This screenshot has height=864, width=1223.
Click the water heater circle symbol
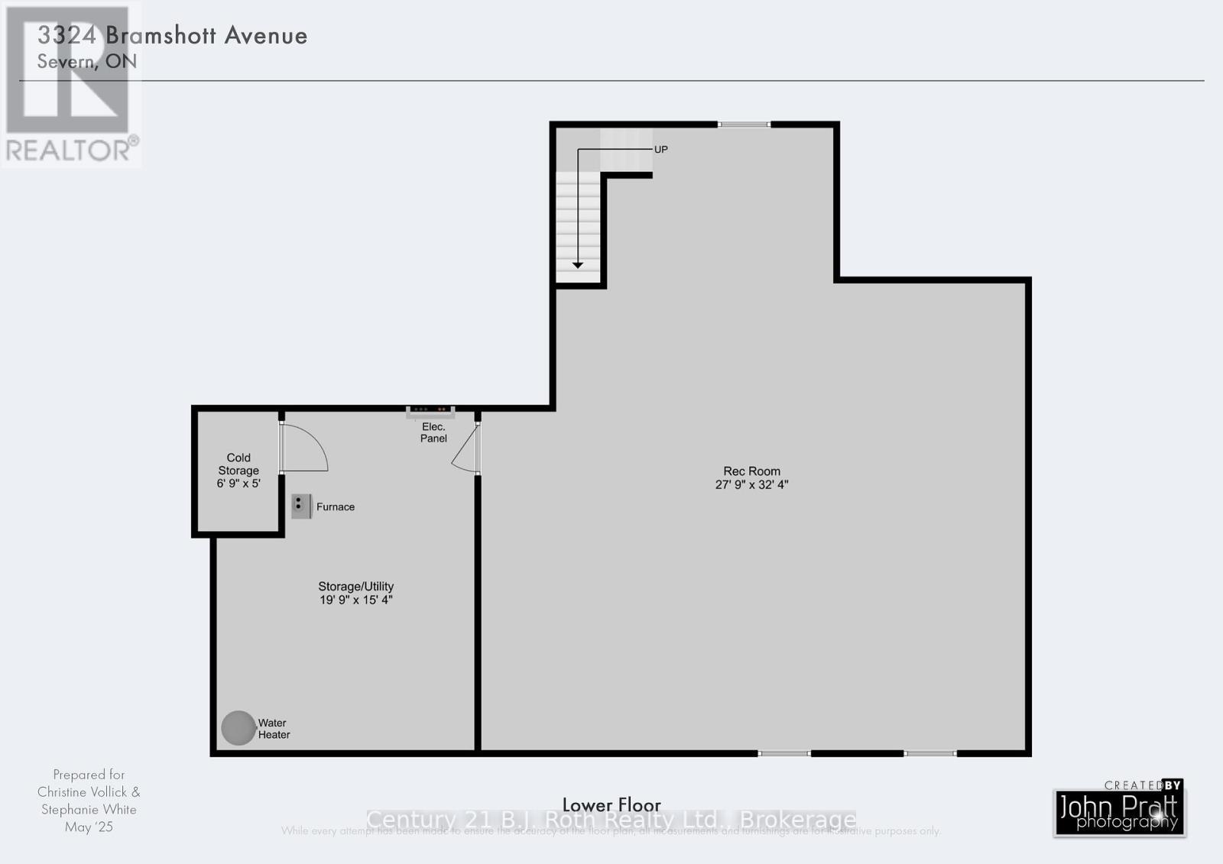coord(238,728)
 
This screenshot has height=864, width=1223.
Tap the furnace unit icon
coord(301,506)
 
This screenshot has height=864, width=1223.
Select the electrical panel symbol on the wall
coord(430,413)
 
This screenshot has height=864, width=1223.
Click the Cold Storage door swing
coord(304,448)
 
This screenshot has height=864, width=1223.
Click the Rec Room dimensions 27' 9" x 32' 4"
coord(751,484)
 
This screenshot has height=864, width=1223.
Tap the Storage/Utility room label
coord(355,587)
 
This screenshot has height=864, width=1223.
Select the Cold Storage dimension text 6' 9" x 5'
coord(238,484)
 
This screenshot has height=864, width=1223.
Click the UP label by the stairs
coord(661,150)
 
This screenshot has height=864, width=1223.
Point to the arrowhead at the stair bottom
coord(578,264)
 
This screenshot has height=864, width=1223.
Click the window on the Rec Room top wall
coord(744,124)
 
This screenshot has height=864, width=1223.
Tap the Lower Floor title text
coord(611,804)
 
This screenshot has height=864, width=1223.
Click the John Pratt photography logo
coord(1120,811)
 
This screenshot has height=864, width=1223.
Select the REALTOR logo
coord(71,84)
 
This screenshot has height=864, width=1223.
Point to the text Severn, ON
coord(87,61)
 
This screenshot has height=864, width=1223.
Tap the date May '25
coord(89,827)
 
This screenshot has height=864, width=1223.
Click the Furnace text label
coord(336,506)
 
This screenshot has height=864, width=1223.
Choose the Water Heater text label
coord(274,729)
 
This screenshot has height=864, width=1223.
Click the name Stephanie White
coord(89,809)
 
